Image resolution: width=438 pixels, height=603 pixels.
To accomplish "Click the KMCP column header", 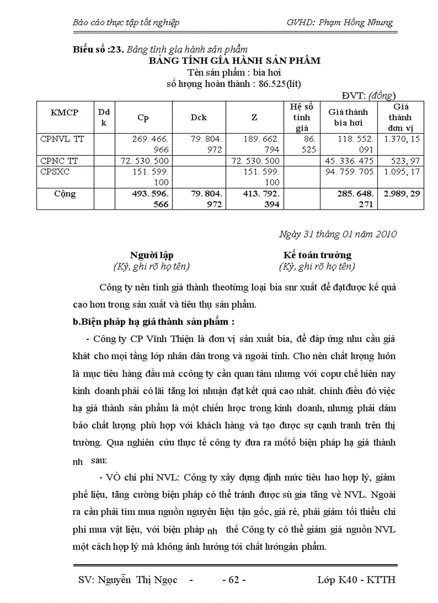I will (x=64, y=112).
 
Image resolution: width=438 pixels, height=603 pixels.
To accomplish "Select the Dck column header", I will (x=199, y=117).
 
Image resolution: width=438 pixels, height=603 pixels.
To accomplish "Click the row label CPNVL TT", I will (x=62, y=138).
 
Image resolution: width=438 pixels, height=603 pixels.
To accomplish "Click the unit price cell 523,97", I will (x=407, y=160).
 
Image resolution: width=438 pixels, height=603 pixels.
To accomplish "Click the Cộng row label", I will (x=64, y=193).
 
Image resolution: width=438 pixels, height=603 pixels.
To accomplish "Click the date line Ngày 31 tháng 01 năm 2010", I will (x=338, y=234).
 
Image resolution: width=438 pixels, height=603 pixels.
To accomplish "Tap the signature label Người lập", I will (x=151, y=255).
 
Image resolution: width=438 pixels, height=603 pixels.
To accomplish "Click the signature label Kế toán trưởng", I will (x=317, y=255).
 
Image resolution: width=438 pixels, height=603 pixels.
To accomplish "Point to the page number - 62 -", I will (x=234, y=580).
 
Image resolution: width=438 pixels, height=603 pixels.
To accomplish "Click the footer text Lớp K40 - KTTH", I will (x=356, y=580).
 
